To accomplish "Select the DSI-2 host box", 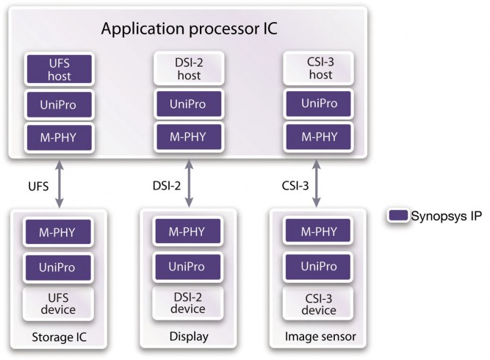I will (x=189, y=68).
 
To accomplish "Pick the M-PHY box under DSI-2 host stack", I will (x=189, y=137).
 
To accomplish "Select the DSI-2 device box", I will (x=189, y=302).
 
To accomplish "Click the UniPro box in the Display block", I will (x=189, y=267).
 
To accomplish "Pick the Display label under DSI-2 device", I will (x=189, y=337).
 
